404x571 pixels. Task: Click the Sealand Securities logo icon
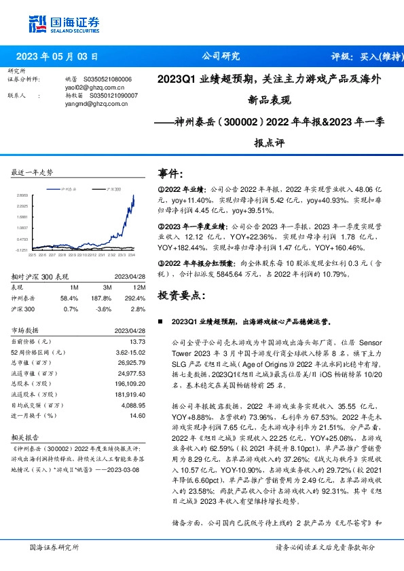[36, 24]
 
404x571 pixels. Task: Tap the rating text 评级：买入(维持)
[363, 57]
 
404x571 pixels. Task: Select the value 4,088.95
[133, 405]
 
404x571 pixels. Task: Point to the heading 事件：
[170, 174]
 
